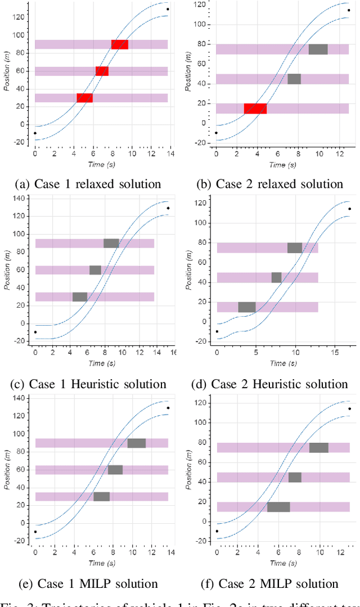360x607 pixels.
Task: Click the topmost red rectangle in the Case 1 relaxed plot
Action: click(120, 44)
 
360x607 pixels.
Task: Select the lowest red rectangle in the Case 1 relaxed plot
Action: click(84, 98)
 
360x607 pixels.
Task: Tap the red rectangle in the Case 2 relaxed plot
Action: click(255, 109)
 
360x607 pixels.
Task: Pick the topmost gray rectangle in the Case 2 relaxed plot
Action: click(318, 50)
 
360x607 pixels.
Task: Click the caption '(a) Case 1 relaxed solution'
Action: click(88, 184)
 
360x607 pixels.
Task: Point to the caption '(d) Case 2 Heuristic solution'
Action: click(269, 384)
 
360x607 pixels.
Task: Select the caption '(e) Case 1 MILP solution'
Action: click(88, 583)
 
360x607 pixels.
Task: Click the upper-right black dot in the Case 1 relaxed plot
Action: click(168, 9)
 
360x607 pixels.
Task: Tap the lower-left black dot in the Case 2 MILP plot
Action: click(217, 530)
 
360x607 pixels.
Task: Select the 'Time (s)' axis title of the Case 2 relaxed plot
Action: click(277, 165)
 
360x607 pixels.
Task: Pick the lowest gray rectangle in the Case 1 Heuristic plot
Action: click(80, 297)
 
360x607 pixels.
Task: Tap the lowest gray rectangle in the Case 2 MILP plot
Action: click(278, 507)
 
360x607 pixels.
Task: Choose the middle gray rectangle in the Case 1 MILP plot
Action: click(115, 470)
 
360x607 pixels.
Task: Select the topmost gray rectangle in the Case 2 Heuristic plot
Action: click(295, 248)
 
